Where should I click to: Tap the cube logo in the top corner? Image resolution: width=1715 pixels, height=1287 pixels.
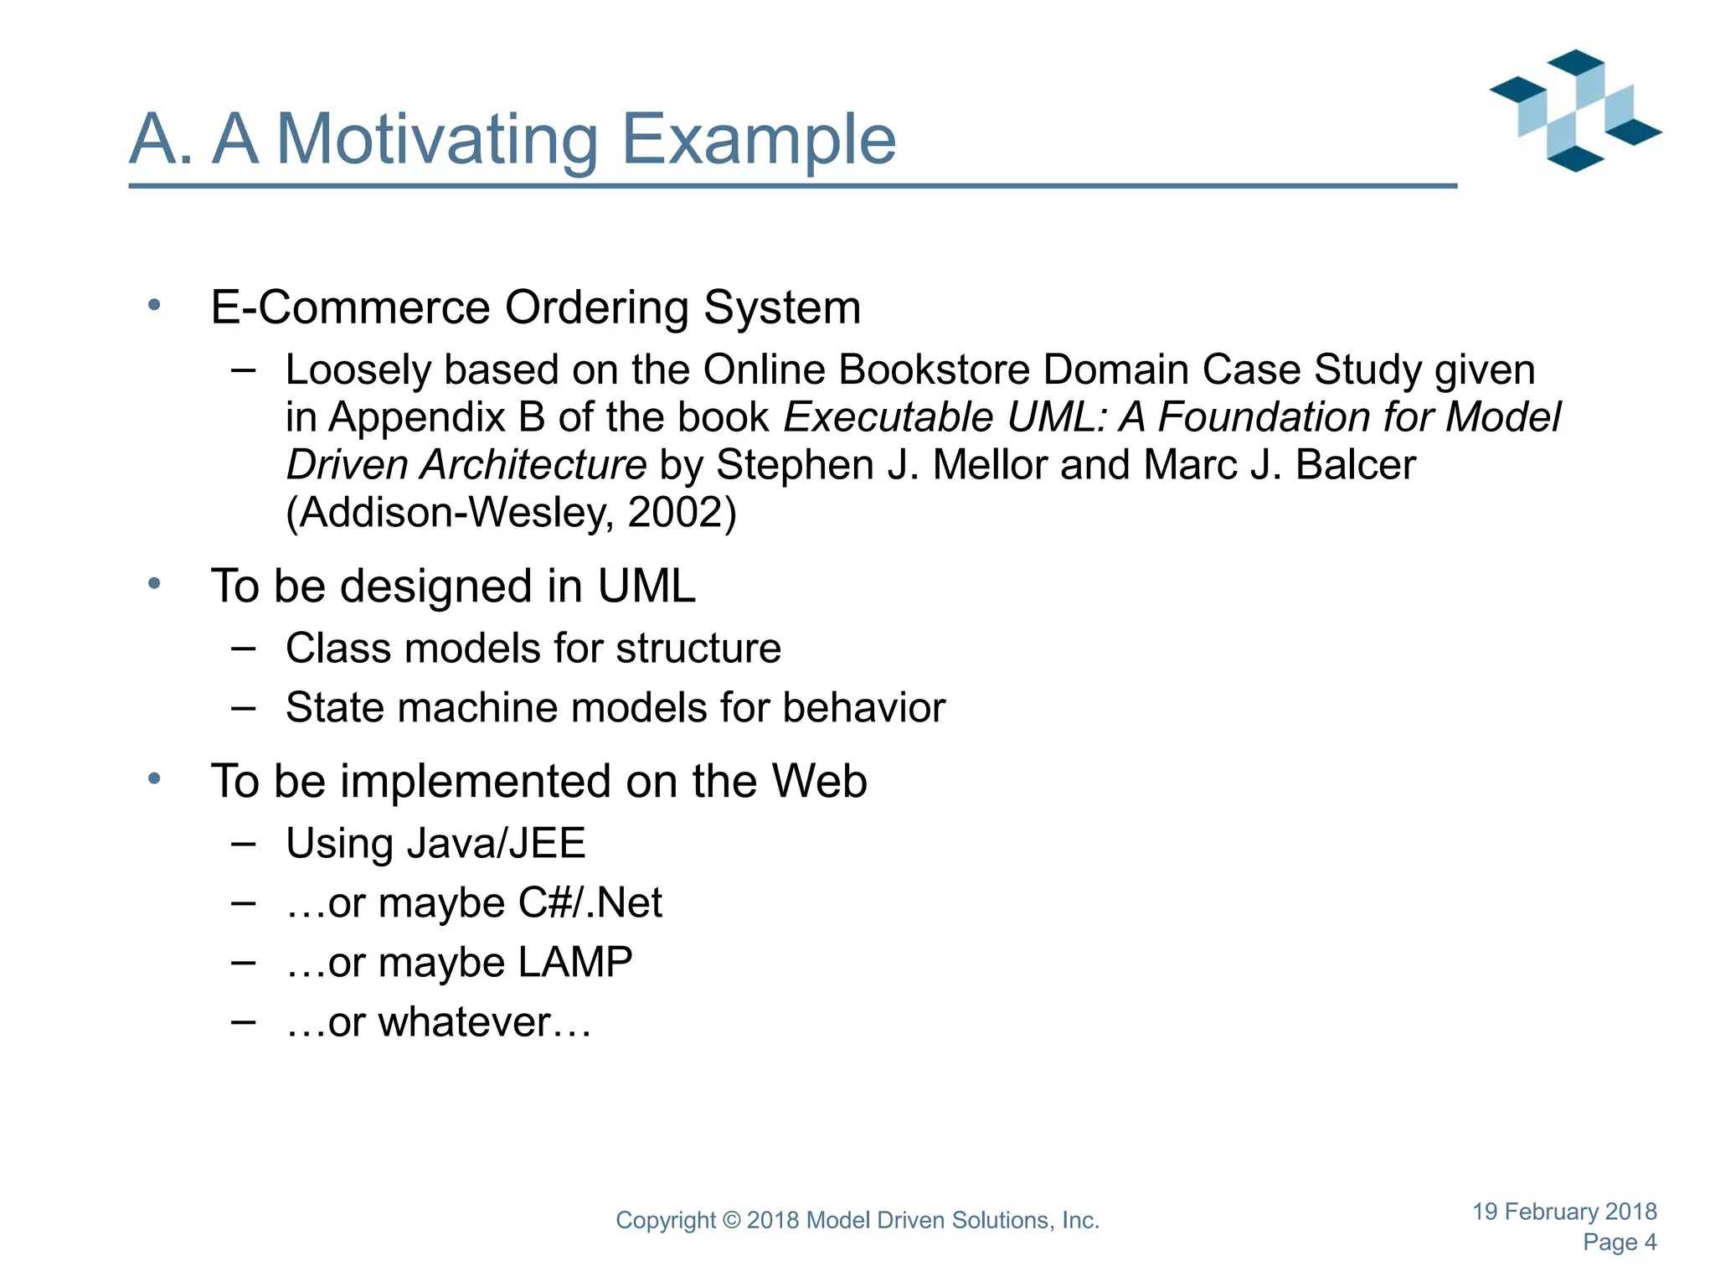coord(1575,111)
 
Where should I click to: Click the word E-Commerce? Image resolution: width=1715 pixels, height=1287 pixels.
coord(349,308)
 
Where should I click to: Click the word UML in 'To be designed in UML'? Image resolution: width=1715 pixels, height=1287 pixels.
coord(646,586)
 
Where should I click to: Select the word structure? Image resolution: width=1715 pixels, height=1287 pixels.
coord(698,649)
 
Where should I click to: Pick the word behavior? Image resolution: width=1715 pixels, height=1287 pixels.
coord(863,708)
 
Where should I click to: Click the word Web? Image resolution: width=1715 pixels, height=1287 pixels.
coord(818,781)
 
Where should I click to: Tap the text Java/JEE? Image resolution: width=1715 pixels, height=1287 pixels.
coord(495,843)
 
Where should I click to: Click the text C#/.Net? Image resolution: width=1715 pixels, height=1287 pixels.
coord(590,903)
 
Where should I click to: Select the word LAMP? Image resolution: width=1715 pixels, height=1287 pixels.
coord(574,963)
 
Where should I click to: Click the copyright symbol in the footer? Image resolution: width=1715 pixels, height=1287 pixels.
coord(731,1221)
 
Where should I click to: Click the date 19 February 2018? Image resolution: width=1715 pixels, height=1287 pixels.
coord(1563,1212)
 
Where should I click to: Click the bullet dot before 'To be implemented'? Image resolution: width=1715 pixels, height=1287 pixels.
coord(154,779)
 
